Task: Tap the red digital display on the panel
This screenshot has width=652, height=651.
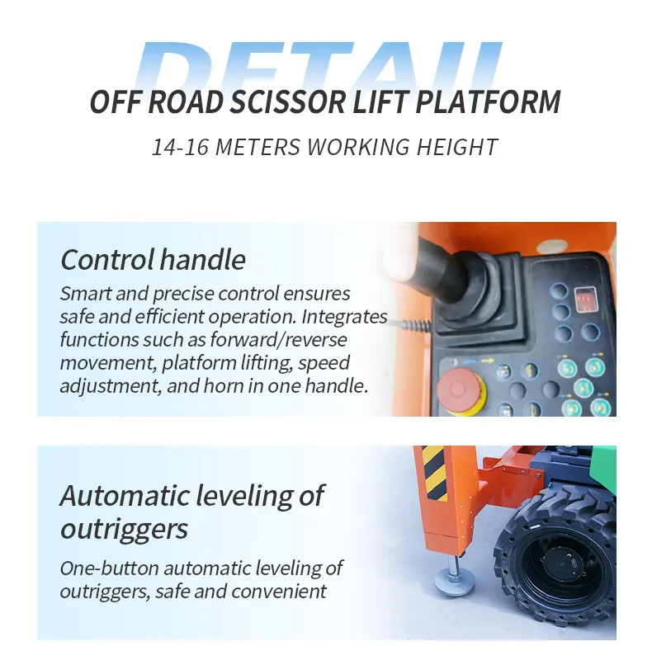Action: point(585,297)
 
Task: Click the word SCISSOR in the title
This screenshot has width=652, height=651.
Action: point(289,103)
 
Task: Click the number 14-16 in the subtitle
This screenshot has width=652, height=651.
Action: point(177,148)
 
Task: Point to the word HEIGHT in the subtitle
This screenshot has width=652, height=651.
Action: point(459,148)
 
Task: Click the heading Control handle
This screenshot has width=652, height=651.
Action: point(154,260)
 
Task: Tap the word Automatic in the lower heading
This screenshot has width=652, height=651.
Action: point(124,497)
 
